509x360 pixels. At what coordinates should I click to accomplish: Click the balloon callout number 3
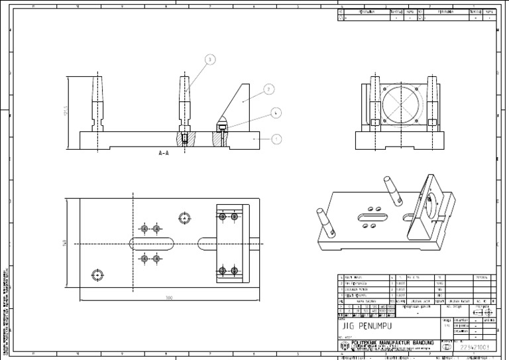pos(210,60)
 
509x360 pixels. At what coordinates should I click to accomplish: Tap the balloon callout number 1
pos(276,139)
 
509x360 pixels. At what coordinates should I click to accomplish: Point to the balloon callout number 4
pos(276,113)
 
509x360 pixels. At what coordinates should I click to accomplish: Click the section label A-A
pos(164,152)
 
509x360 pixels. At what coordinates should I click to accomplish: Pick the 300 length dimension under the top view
pos(169,298)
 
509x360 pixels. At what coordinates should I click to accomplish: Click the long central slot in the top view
pos(152,243)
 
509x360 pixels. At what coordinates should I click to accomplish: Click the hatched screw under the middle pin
pos(185,140)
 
